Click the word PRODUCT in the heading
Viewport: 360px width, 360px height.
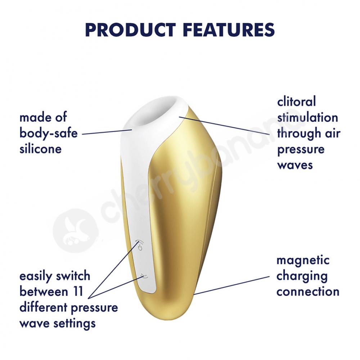tap(130, 30)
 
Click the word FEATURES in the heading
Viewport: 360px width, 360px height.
tap(230, 30)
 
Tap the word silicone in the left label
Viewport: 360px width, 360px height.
tap(41, 149)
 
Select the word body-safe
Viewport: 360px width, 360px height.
tap(49, 134)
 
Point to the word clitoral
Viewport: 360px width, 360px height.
tap(296, 102)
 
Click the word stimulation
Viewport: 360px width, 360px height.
tap(308, 117)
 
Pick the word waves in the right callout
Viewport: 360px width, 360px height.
tap(295, 165)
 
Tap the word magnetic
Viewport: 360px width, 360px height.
tap(303, 261)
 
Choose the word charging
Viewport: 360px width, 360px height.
tap(302, 276)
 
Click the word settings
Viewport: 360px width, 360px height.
tap(75, 324)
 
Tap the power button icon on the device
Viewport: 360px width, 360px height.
tap(140, 246)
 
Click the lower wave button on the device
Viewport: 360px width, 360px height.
tap(144, 276)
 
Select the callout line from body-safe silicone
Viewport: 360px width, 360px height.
tap(107, 132)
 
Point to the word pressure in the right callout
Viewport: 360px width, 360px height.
tap(301, 150)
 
